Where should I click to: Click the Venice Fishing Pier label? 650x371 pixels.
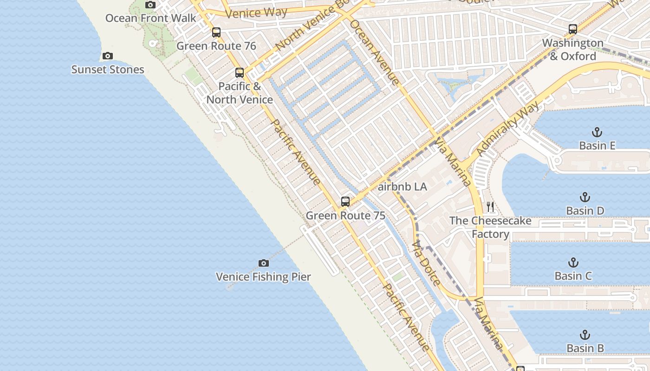pyautogui.click(x=263, y=277)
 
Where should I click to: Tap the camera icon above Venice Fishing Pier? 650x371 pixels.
pyautogui.click(x=263, y=263)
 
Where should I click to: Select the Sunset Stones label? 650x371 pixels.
pyautogui.click(x=108, y=70)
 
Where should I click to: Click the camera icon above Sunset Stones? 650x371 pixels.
pyautogui.click(x=108, y=56)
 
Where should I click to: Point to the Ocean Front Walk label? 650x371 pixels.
pyautogui.click(x=151, y=18)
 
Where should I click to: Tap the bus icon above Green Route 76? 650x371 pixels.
pyautogui.click(x=216, y=32)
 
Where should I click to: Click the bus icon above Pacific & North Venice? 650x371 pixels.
pyautogui.click(x=240, y=73)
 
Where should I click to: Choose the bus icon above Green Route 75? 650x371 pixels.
pyautogui.click(x=345, y=202)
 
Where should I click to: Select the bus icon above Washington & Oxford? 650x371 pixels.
pyautogui.click(x=573, y=29)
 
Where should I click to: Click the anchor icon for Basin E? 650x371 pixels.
pyautogui.click(x=597, y=132)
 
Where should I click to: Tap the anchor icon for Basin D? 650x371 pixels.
pyautogui.click(x=585, y=197)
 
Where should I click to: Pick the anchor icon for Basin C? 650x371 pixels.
pyautogui.click(x=573, y=262)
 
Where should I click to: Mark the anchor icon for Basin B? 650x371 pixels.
pyautogui.click(x=585, y=334)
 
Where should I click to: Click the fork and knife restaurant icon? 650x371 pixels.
pyautogui.click(x=490, y=206)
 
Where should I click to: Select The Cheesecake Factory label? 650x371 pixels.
pyautogui.click(x=490, y=227)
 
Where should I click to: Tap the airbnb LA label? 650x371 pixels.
pyautogui.click(x=402, y=187)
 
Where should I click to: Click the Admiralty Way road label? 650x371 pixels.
pyautogui.click(x=509, y=128)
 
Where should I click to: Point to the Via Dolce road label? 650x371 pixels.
pyautogui.click(x=426, y=263)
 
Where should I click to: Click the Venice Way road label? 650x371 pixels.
pyautogui.click(x=256, y=13)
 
